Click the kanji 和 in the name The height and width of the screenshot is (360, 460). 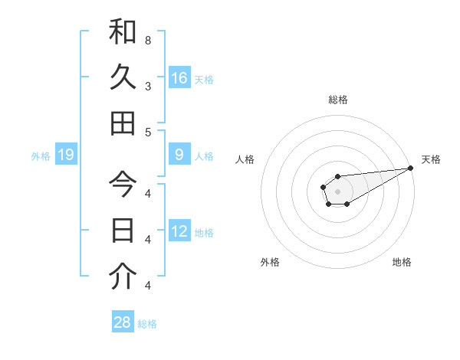pyautogui.click(x=123, y=32)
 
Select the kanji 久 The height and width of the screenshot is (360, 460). pyautogui.click(x=123, y=77)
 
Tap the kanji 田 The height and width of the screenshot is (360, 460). pyautogui.click(x=123, y=123)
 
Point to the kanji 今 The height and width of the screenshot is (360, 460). pyautogui.click(x=123, y=185)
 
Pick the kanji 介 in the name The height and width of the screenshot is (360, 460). pyautogui.click(x=123, y=276)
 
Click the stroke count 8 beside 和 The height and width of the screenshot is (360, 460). pyautogui.click(x=148, y=40)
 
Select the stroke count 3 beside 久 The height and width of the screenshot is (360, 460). pyautogui.click(x=148, y=86)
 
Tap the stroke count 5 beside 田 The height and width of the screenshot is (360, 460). pyautogui.click(x=148, y=132)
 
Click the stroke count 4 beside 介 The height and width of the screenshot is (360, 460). pyautogui.click(x=148, y=285)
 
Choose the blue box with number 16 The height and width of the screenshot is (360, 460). pyautogui.click(x=179, y=77)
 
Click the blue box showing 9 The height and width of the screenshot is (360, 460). pyautogui.click(x=179, y=155)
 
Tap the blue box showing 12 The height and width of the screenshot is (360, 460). pyautogui.click(x=179, y=231)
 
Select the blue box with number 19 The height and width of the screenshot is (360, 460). pyautogui.click(x=66, y=155)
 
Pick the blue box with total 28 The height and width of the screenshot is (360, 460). pyautogui.click(x=123, y=322)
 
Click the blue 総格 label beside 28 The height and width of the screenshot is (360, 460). pyautogui.click(x=147, y=323)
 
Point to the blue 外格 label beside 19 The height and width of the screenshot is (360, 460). pyautogui.click(x=41, y=156)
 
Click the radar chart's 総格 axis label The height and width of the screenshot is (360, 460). pyautogui.click(x=337, y=100)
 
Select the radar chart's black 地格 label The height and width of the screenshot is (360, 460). pyautogui.click(x=402, y=262)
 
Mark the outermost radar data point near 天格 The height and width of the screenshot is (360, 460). pyautogui.click(x=410, y=169)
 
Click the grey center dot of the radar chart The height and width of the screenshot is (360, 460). pyautogui.click(x=337, y=191)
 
